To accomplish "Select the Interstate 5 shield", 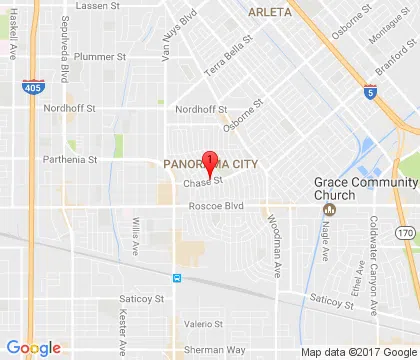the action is tap(371, 93).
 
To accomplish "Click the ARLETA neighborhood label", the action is tap(269, 12).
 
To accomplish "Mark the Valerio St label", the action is tap(202, 323).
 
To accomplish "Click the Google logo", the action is tap(33, 347).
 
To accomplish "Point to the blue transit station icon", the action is tap(176, 277).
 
